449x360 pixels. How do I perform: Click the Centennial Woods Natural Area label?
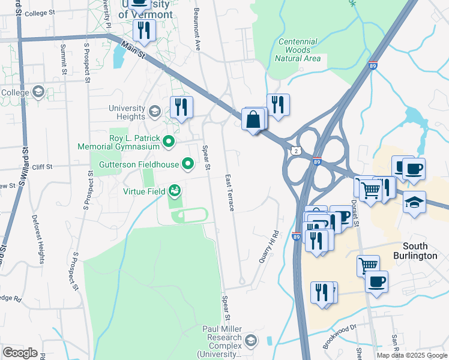pyautogui.click(x=297, y=50)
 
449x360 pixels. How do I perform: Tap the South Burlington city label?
pyautogui.click(x=424, y=251)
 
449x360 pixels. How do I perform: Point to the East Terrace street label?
pyautogui.click(x=229, y=193)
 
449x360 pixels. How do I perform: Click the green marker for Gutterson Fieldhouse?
pyautogui.click(x=188, y=163)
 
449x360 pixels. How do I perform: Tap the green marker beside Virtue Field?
pyautogui.click(x=175, y=191)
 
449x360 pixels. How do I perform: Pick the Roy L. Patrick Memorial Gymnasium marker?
pyautogui.click(x=169, y=142)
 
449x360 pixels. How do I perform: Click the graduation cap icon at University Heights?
pyautogui.click(x=155, y=112)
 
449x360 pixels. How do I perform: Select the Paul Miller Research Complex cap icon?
pyautogui.click(x=250, y=341)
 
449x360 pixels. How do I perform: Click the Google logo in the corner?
pyautogui.click(x=20, y=353)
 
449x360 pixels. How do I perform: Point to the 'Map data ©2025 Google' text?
pyautogui.click(x=412, y=355)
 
